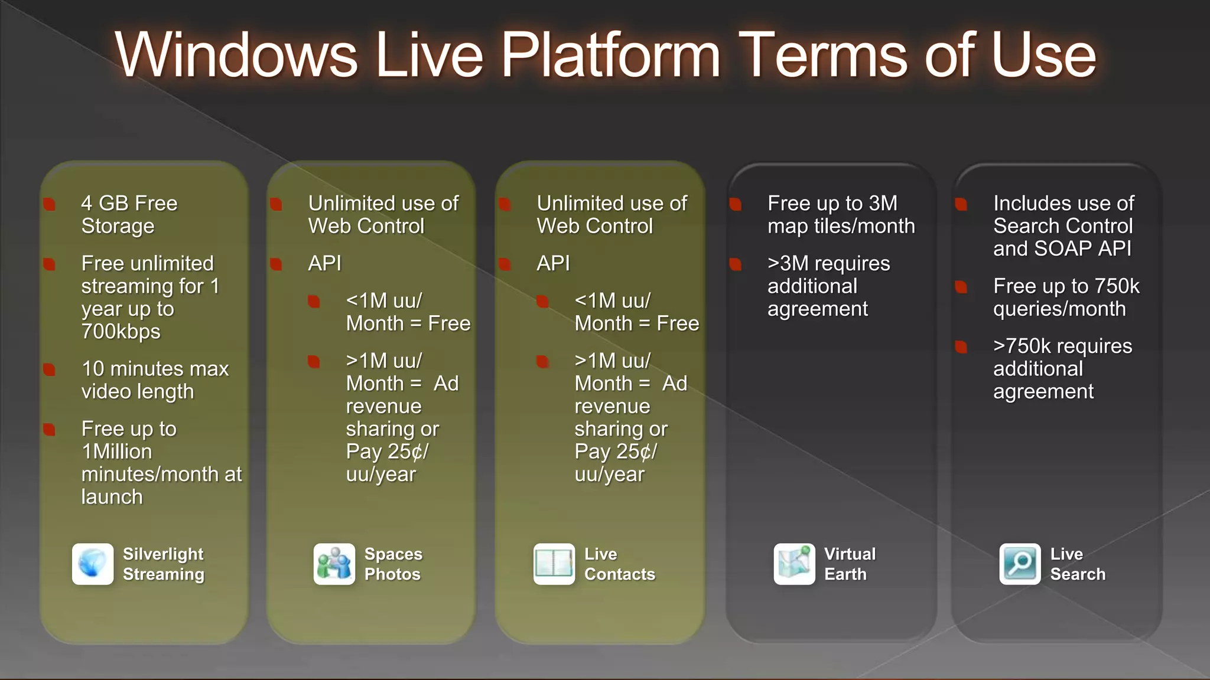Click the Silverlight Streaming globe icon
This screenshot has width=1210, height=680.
click(93, 564)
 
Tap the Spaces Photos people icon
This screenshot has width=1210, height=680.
click(334, 564)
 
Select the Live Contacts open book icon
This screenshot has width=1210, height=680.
click(554, 564)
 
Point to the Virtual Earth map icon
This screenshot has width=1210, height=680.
click(794, 564)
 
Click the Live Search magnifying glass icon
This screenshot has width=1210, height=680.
click(1020, 564)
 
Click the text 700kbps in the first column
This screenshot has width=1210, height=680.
click(121, 332)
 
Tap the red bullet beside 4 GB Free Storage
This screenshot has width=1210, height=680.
click(50, 204)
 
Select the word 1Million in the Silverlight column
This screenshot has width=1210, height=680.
click(116, 452)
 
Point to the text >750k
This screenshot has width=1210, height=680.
click(1023, 346)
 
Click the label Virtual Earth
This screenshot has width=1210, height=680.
click(849, 564)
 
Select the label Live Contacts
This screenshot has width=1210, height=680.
click(619, 564)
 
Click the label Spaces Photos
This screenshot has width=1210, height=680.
click(393, 564)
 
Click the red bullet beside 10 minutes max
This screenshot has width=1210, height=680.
click(50, 370)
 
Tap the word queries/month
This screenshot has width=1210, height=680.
click(1059, 309)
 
